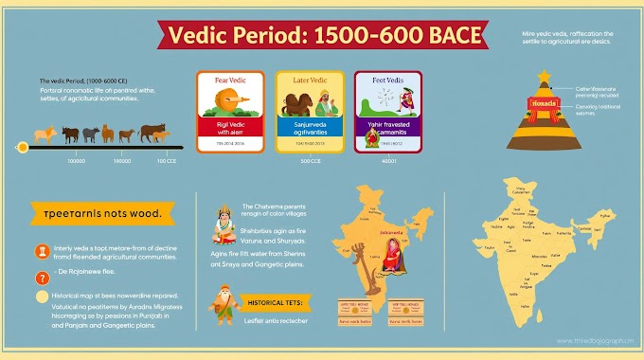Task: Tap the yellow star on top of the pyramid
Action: [545, 76]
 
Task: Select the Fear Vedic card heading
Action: [224, 81]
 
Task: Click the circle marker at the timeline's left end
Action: [22, 147]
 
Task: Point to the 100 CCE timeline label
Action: [166, 161]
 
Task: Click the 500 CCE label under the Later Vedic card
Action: [308, 162]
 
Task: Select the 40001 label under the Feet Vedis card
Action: [388, 162]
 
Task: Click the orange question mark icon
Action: [42, 278]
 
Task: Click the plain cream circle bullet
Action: [42, 297]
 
